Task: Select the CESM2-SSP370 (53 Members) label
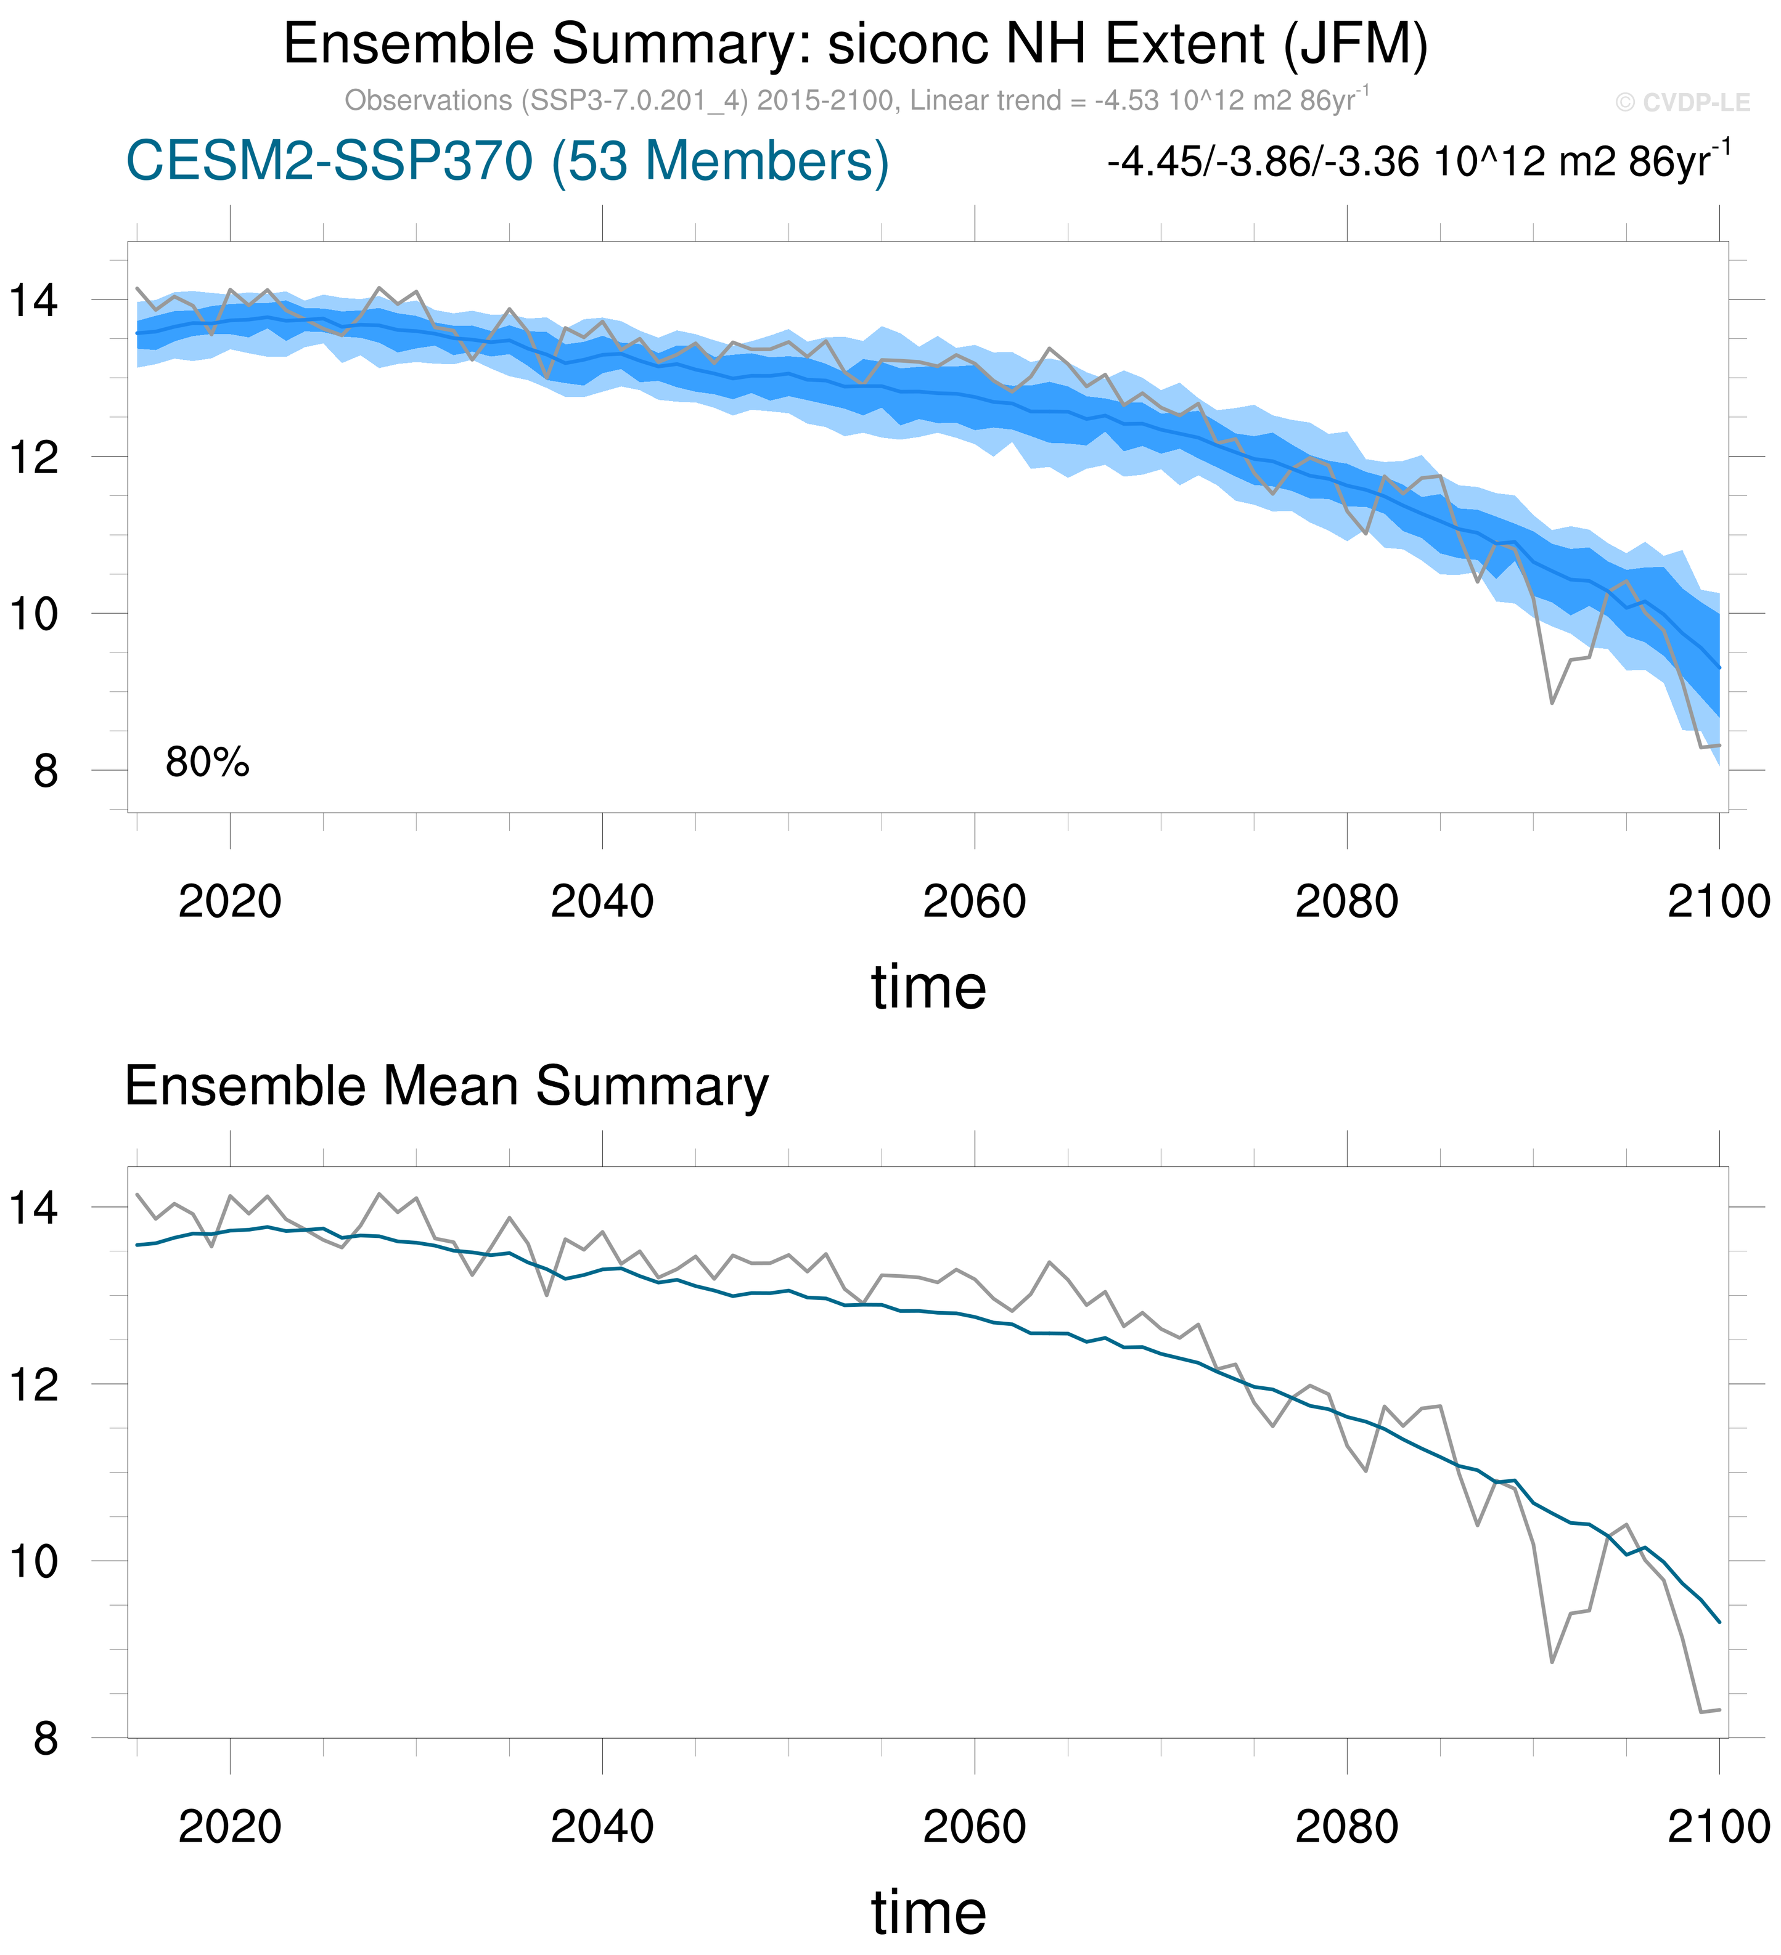pyautogui.click(x=507, y=161)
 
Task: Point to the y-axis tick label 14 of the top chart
pyautogui.click(x=34, y=301)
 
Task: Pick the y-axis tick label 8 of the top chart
pyautogui.click(x=46, y=772)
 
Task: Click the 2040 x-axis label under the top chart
pyautogui.click(x=602, y=903)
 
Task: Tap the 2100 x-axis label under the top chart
pyautogui.click(x=1718, y=903)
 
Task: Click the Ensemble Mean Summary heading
pyautogui.click(x=446, y=1086)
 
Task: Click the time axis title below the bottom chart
pyautogui.click(x=928, y=1912)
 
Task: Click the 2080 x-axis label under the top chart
pyautogui.click(x=1346, y=903)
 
